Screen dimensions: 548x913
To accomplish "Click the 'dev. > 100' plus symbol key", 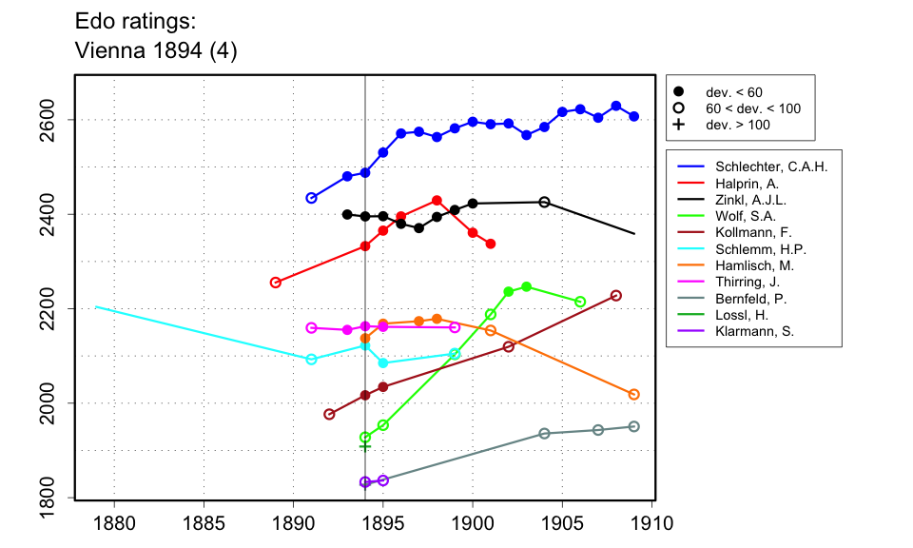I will (679, 125).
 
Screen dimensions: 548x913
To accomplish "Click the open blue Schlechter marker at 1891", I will (311, 198).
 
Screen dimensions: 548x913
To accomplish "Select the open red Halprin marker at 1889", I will (276, 283).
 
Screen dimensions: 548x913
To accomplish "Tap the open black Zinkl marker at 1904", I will (544, 202).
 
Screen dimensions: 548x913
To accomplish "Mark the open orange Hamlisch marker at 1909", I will (634, 394).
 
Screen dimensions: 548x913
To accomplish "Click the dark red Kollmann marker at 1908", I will (616, 296).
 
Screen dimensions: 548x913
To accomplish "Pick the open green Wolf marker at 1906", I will (580, 302).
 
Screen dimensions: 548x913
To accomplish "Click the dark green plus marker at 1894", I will (365, 445).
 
